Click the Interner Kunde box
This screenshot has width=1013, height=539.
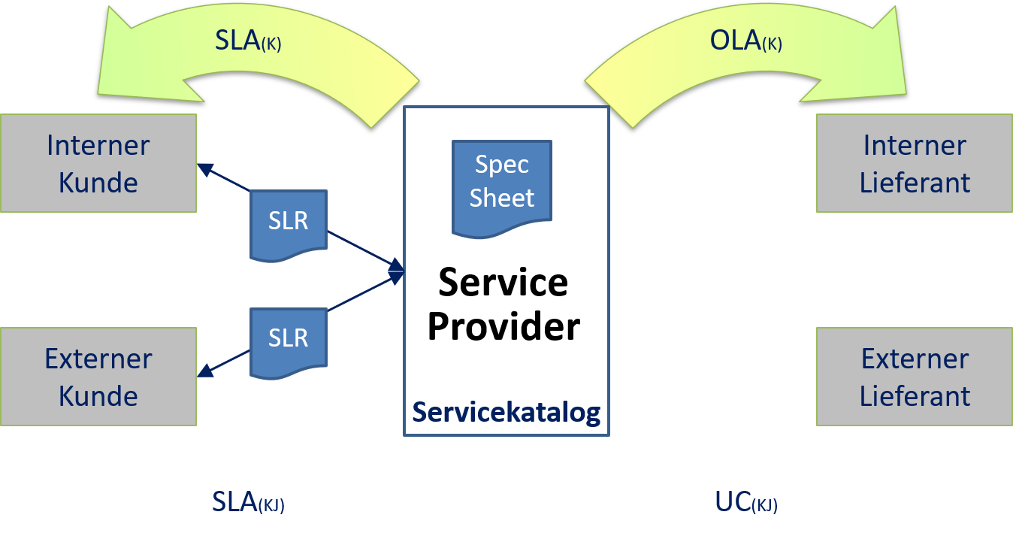coord(98,163)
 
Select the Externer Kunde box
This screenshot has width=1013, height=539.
coord(98,377)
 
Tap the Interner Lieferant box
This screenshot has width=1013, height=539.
coord(915,163)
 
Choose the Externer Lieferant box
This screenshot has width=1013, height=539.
coord(915,377)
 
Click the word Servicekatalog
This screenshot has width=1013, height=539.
coord(506,413)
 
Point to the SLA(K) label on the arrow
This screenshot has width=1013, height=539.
coord(248,41)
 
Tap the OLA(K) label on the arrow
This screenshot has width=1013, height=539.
coord(745,41)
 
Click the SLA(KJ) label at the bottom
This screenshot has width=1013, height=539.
coord(248,502)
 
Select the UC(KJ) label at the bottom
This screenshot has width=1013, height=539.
coord(745,502)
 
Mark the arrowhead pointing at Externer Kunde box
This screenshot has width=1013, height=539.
coord(204,371)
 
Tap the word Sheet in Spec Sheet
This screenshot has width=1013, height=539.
coord(502,198)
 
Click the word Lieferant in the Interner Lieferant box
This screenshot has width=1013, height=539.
coord(915,183)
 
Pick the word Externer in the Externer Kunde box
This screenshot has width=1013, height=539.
coord(98,359)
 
